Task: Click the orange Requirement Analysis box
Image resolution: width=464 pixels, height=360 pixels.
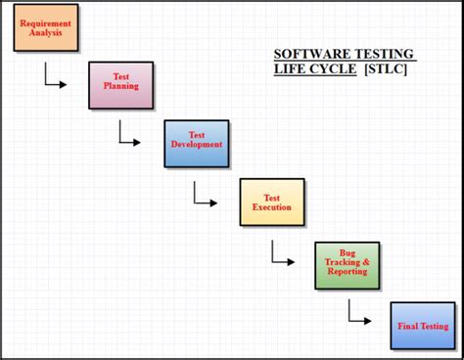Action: pyautogui.click(x=45, y=26)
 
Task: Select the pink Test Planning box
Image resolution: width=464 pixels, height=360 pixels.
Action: pyautogui.click(x=121, y=84)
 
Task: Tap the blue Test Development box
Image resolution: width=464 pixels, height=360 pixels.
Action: pyautogui.click(x=197, y=143)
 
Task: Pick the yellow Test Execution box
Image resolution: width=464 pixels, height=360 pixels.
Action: pyautogui.click(x=272, y=202)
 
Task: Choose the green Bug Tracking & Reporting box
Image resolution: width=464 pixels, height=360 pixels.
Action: pyautogui.click(x=347, y=264)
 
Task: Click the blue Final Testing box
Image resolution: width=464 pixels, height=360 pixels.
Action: pyautogui.click(x=423, y=325)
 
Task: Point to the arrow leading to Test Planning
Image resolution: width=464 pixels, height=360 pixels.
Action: pyautogui.click(x=55, y=81)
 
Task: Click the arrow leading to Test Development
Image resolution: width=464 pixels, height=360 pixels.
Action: pyautogui.click(x=130, y=139)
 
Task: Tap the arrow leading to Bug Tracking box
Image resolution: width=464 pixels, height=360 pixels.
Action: pyautogui.click(x=282, y=259)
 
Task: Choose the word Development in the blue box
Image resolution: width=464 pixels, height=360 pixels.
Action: pyautogui.click(x=197, y=146)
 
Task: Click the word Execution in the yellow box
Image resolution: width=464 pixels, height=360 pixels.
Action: pyautogui.click(x=272, y=208)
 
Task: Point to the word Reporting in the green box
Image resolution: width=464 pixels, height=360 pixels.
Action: pyautogui.click(x=348, y=272)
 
